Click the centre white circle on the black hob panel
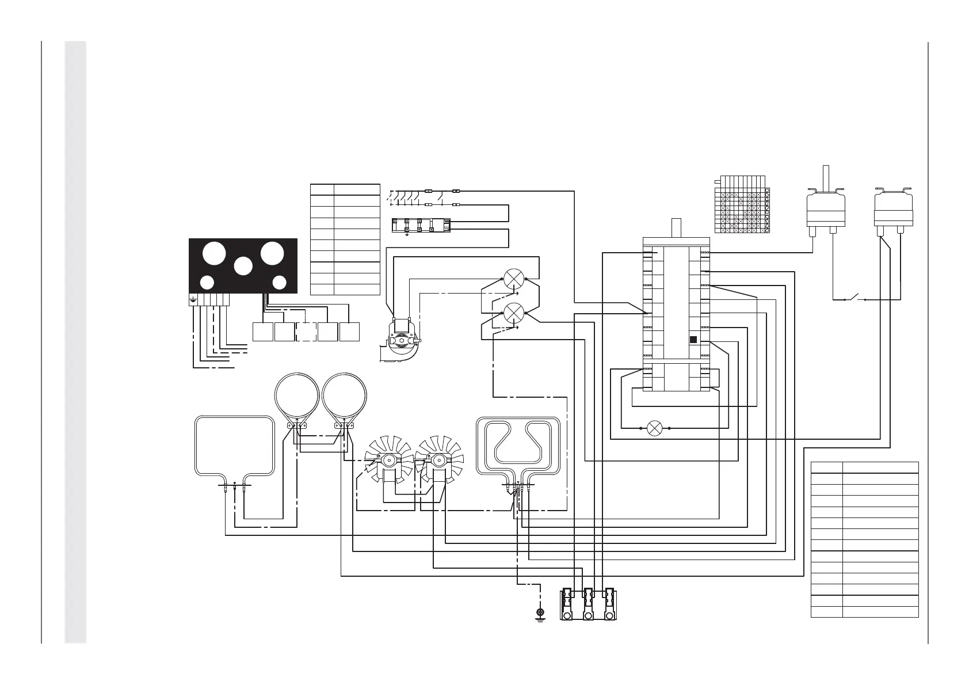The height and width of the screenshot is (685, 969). (243, 266)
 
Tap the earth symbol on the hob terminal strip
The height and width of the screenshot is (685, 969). (193, 300)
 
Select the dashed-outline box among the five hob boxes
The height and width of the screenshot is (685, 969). (306, 332)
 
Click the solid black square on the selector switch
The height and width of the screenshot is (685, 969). (693, 340)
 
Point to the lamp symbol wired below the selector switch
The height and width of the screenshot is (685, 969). (654, 428)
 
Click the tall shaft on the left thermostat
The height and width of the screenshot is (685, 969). (826, 177)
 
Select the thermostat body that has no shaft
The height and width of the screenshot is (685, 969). (893, 210)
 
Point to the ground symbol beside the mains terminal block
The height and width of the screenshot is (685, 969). (540, 613)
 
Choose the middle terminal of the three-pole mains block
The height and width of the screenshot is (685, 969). (588, 605)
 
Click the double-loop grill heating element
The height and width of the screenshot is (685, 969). (518, 443)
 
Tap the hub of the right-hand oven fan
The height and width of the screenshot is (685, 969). (439, 460)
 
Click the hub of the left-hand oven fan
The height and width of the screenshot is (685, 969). (390, 460)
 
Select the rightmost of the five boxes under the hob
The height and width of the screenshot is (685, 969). (350, 332)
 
